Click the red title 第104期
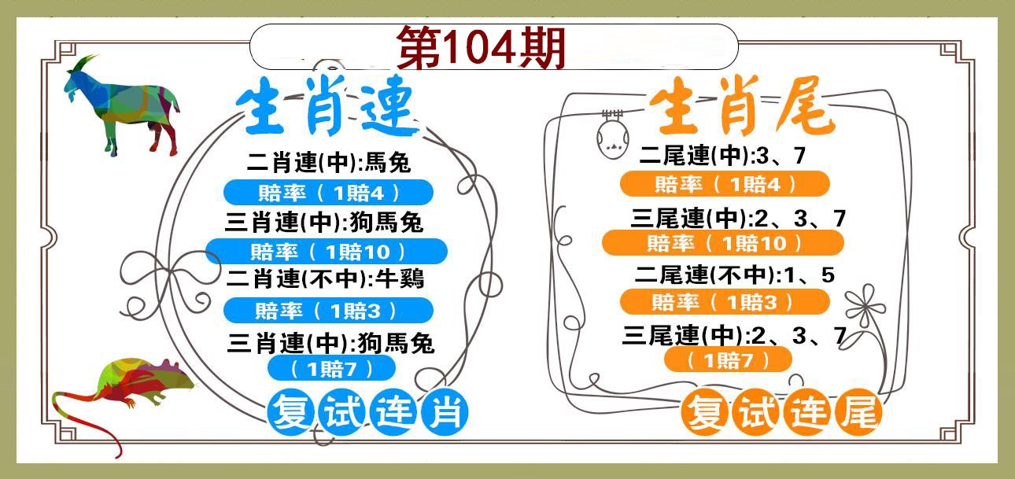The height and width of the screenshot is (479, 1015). click(x=482, y=47)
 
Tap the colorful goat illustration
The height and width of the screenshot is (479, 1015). click(x=122, y=105)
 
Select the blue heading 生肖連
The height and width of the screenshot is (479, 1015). click(x=327, y=106)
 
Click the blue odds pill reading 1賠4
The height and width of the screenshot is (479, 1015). click(x=329, y=193)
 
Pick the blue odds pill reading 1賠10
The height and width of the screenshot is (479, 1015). click(x=327, y=252)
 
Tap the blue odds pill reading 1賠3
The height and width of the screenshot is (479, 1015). click(x=329, y=311)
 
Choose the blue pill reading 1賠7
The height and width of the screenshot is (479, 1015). click(x=332, y=369)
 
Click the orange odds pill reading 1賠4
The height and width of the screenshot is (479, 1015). click(x=725, y=184)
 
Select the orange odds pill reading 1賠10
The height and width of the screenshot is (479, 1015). click(x=723, y=243)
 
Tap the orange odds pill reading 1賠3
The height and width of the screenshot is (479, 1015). click(x=725, y=302)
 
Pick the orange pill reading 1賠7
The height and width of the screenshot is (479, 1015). click(x=728, y=360)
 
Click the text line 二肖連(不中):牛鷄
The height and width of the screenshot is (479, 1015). click(x=325, y=278)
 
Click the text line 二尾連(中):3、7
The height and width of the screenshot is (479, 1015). click(x=722, y=156)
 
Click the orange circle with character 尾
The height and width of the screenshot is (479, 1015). click(x=859, y=412)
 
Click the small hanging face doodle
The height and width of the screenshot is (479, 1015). click(x=612, y=134)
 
